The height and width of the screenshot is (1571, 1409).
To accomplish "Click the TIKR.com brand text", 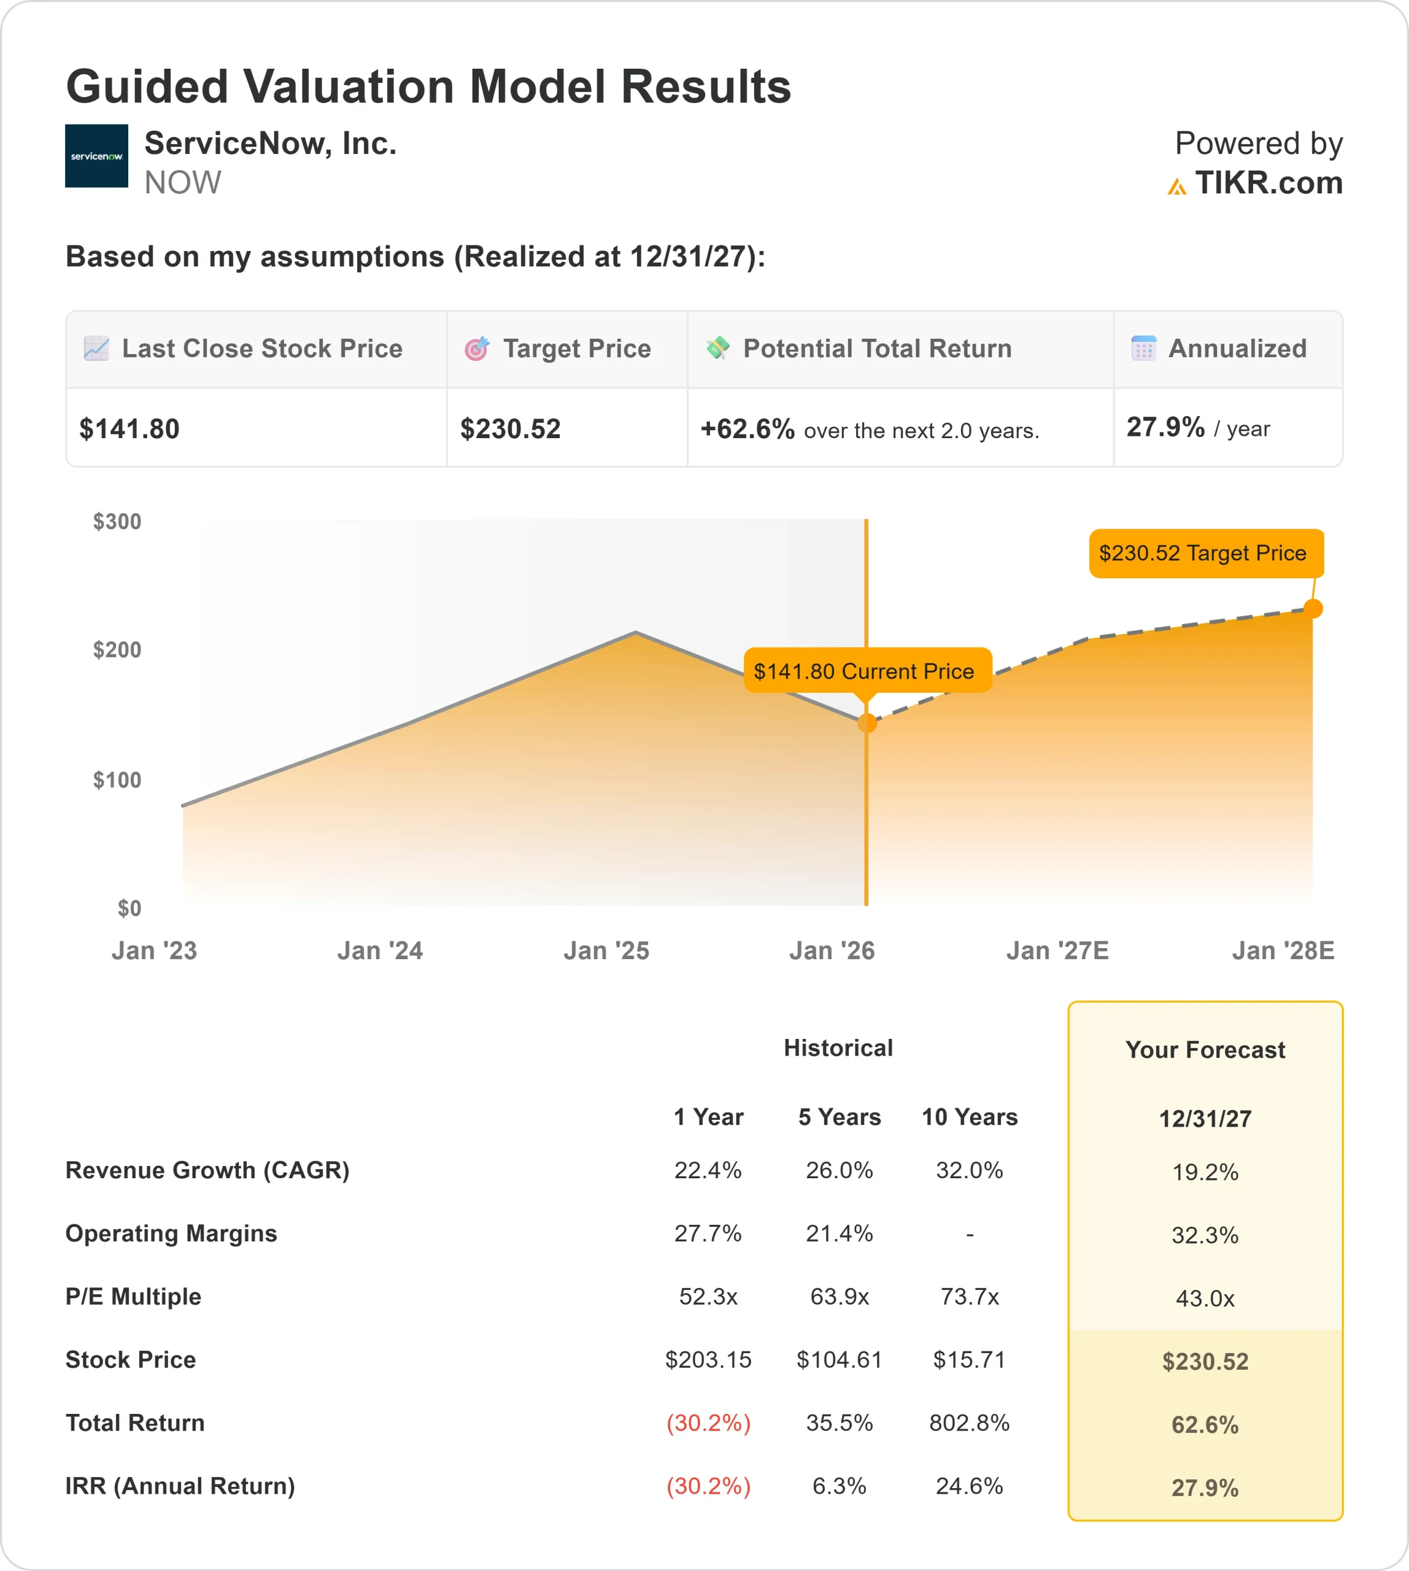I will (1268, 183).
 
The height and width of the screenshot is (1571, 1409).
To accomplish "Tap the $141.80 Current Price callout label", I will (864, 671).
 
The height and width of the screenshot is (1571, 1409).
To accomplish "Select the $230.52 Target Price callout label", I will (1202, 553).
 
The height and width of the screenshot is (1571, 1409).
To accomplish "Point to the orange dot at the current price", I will (867, 723).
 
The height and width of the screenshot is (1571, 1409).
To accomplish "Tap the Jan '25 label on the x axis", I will (606, 950).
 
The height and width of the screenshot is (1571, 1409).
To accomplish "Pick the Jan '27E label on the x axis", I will (1057, 950).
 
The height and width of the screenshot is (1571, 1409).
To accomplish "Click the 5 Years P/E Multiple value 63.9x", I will (840, 1296).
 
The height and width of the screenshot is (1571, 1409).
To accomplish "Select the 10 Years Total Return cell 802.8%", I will (969, 1422).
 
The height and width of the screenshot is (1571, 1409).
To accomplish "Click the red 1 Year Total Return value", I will (708, 1422).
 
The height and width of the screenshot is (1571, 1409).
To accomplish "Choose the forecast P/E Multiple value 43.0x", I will (1205, 1299).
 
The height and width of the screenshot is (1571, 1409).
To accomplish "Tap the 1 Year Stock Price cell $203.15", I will (708, 1360).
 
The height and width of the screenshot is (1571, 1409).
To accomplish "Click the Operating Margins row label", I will (171, 1233).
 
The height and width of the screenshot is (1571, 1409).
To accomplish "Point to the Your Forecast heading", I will (1205, 1050).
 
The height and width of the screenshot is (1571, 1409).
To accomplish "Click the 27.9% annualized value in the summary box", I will (1165, 427).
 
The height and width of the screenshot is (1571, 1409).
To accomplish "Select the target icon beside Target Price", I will (477, 349).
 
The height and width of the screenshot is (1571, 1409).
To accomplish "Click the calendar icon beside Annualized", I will (1143, 349).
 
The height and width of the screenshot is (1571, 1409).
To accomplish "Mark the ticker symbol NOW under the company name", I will (183, 183).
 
